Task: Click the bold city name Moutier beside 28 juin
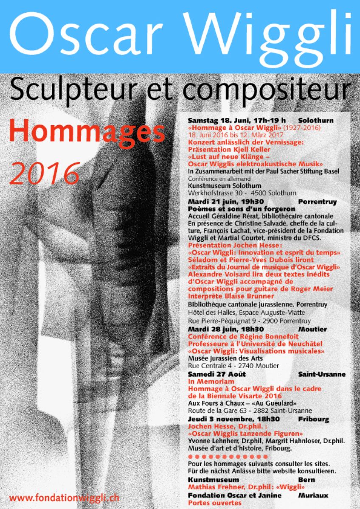(x=312, y=329)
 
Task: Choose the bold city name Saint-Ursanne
(x=321, y=374)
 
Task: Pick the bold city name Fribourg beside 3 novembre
(x=313, y=419)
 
